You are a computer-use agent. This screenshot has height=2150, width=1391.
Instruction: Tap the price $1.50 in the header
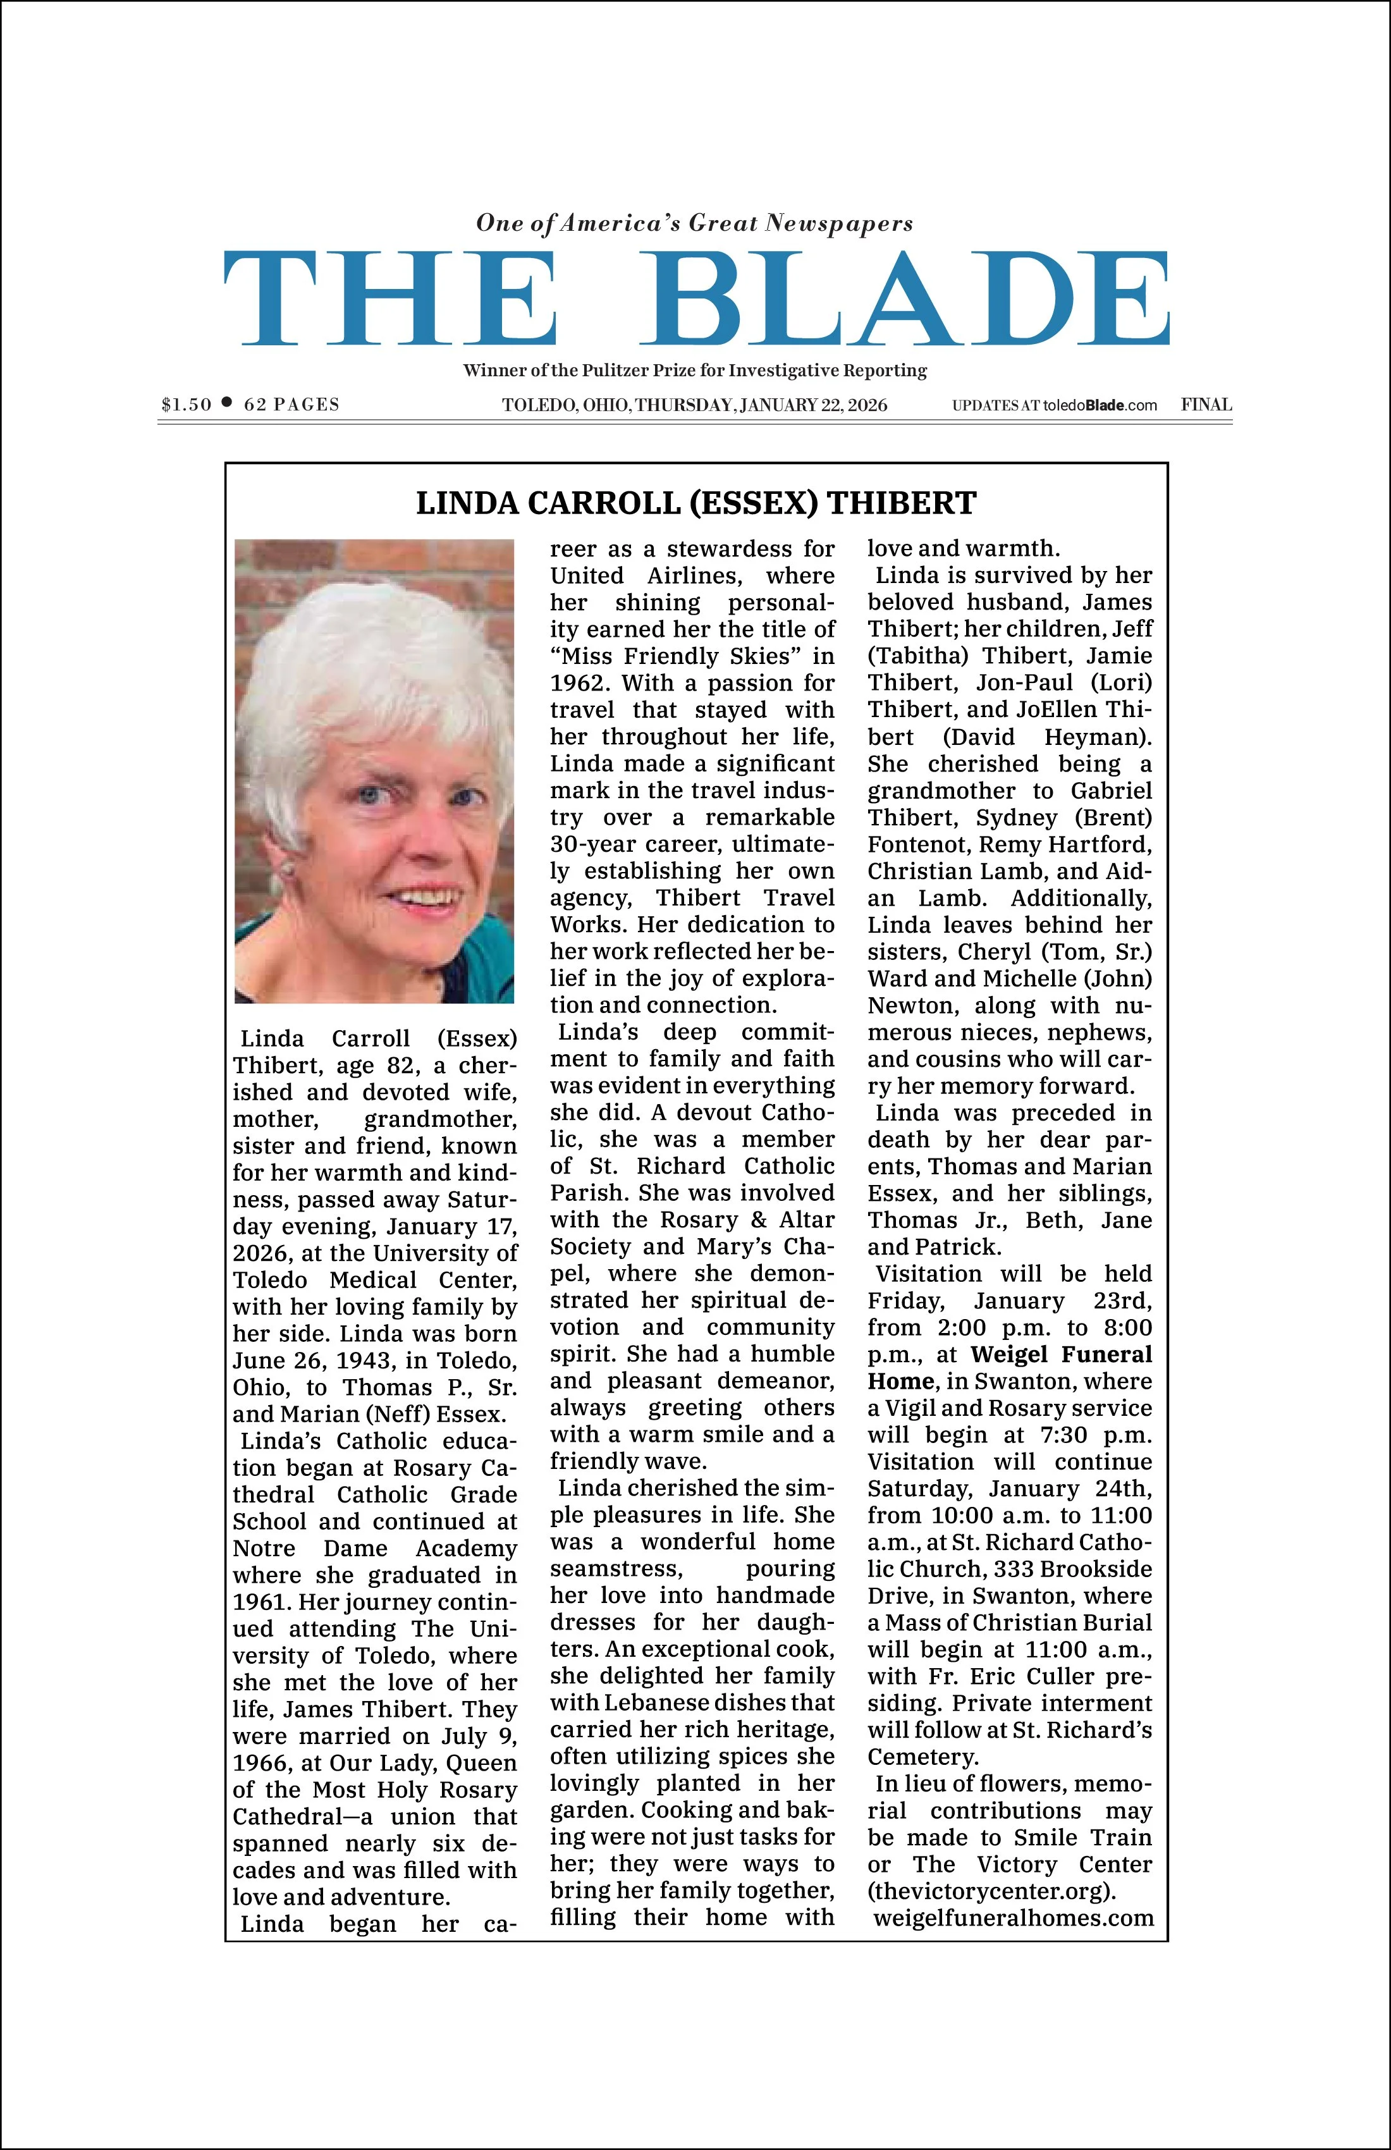pyautogui.click(x=186, y=405)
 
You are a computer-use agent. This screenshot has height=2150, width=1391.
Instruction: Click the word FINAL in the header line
pyautogui.click(x=1206, y=405)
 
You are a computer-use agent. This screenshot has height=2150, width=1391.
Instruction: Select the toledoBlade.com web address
pyautogui.click(x=1100, y=405)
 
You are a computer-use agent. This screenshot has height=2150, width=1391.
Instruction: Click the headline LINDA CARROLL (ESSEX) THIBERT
pyautogui.click(x=695, y=503)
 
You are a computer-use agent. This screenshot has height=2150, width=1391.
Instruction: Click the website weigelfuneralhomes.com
pyautogui.click(x=1012, y=1918)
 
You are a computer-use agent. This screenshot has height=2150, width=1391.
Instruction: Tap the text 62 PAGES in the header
pyautogui.click(x=291, y=405)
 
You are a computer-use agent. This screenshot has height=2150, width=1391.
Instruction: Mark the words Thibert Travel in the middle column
pyautogui.click(x=744, y=898)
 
